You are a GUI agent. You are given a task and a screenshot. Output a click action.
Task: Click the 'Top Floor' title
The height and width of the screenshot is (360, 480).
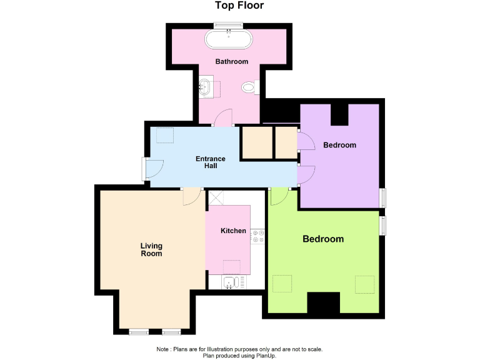click(x=239, y=6)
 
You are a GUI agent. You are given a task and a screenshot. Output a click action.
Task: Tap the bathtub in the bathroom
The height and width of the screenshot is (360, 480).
click(x=228, y=40)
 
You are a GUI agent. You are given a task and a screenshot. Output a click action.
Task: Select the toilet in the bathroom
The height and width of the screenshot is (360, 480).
click(x=250, y=88)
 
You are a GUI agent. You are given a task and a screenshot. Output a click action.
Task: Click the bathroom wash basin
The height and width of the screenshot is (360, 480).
click(x=206, y=86)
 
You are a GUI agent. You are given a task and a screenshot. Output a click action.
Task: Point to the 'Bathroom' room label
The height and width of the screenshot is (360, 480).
click(x=232, y=62)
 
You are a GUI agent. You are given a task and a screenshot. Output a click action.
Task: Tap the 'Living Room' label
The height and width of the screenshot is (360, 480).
click(x=151, y=249)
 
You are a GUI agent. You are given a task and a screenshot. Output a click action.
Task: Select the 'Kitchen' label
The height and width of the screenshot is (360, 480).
click(x=233, y=231)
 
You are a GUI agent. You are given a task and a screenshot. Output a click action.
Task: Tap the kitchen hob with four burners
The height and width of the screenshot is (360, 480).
click(x=257, y=237)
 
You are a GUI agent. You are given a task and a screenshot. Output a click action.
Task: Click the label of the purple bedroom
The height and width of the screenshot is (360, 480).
click(x=339, y=146)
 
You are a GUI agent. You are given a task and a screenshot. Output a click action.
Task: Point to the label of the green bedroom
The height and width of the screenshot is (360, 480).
click(x=323, y=239)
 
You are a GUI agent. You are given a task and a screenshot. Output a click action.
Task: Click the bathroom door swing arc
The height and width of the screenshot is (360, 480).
click(x=224, y=117)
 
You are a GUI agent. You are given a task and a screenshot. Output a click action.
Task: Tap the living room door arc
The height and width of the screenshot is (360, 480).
click(x=191, y=196)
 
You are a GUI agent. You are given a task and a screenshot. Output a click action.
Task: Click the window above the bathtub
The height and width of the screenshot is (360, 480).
click(x=228, y=25)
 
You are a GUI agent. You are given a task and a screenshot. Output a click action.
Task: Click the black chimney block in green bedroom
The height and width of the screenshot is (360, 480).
click(x=323, y=304)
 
